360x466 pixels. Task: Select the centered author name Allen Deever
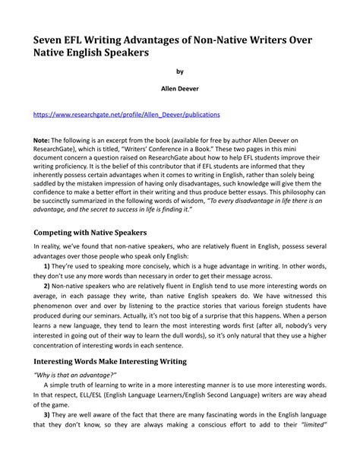180,89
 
